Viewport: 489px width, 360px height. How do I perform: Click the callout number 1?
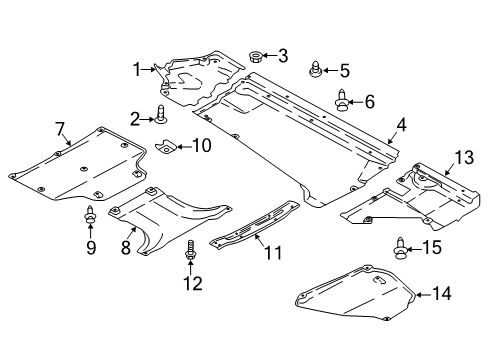point(137,70)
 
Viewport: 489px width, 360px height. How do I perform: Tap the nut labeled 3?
point(255,56)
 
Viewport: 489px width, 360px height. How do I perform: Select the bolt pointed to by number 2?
point(162,113)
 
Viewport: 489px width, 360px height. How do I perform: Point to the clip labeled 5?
point(314,69)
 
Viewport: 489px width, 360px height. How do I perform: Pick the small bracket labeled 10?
point(166,146)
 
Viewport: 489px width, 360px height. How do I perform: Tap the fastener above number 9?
point(90,214)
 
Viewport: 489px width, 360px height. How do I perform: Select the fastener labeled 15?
point(400,247)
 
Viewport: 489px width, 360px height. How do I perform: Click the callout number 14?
point(442,293)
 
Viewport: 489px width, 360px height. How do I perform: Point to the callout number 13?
point(464,157)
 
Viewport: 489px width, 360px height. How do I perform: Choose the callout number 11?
point(274,252)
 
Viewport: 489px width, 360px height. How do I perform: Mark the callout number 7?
point(59,129)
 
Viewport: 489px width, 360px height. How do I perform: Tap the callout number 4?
point(402,125)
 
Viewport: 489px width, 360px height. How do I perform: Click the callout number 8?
point(126,247)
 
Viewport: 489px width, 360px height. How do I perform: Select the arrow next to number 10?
point(183,146)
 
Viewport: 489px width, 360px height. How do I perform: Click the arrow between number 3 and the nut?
point(269,56)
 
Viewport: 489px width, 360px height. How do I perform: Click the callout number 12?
point(193,283)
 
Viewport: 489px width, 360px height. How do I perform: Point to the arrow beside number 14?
point(423,295)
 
